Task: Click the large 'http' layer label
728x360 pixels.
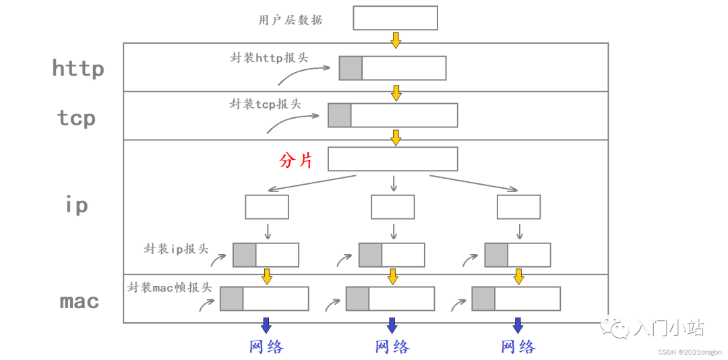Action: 78,68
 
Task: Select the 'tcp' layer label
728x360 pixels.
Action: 76,118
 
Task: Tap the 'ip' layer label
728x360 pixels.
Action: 77,204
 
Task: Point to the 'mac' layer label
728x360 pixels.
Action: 80,301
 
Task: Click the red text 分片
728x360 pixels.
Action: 296,160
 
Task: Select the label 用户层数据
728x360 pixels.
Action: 291,20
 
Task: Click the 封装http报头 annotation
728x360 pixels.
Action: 269,57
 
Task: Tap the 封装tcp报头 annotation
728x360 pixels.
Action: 265,104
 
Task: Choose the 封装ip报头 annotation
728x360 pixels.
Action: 176,249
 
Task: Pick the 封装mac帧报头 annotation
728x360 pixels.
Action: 169,287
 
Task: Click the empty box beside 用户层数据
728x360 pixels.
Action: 395,18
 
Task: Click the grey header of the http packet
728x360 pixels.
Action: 351,68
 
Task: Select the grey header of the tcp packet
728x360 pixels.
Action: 340,115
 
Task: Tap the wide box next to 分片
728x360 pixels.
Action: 392,159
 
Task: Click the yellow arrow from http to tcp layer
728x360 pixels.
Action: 396,92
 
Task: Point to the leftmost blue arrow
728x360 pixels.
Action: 266,325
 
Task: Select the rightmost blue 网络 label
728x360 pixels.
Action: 518,347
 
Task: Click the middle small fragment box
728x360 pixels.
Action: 392,207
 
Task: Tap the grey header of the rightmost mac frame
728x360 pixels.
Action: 483,299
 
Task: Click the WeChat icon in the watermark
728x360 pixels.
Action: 617,328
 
